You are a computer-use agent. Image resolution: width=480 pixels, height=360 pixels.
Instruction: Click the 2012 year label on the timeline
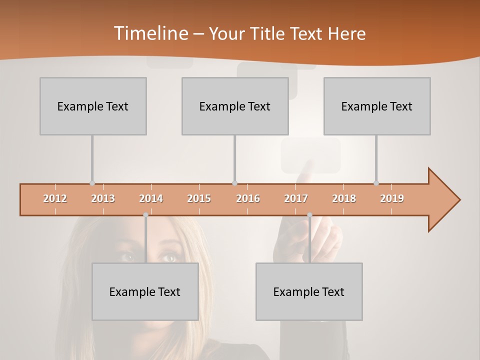55,198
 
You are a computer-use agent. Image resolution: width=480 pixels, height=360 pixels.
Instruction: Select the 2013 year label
103,198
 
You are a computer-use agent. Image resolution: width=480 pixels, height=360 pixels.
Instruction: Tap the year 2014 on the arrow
151,198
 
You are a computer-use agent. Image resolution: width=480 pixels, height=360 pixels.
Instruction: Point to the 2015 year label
199,198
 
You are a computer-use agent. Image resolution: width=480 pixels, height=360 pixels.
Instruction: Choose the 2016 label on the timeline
248,198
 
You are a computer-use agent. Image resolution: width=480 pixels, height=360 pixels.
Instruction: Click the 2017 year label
296,198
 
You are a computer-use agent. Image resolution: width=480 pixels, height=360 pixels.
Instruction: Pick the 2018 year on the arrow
344,198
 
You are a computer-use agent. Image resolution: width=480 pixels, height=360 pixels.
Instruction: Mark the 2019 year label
392,198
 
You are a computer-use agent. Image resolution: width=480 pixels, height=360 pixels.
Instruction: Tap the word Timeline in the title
150,33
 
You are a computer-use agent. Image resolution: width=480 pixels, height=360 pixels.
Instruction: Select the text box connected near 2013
93,106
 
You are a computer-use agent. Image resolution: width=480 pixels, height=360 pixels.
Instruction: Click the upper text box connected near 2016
235,106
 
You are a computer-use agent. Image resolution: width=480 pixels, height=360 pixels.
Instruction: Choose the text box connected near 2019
377,106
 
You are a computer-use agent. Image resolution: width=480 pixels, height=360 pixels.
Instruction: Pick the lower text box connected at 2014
145,291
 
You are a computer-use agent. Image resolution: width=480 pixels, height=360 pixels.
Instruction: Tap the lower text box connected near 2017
309,291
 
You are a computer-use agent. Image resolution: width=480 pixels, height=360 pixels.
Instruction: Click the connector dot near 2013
92,183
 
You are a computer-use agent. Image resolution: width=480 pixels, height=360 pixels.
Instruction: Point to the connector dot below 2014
145,215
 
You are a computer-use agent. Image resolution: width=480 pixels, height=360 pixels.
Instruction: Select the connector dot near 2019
376,183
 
